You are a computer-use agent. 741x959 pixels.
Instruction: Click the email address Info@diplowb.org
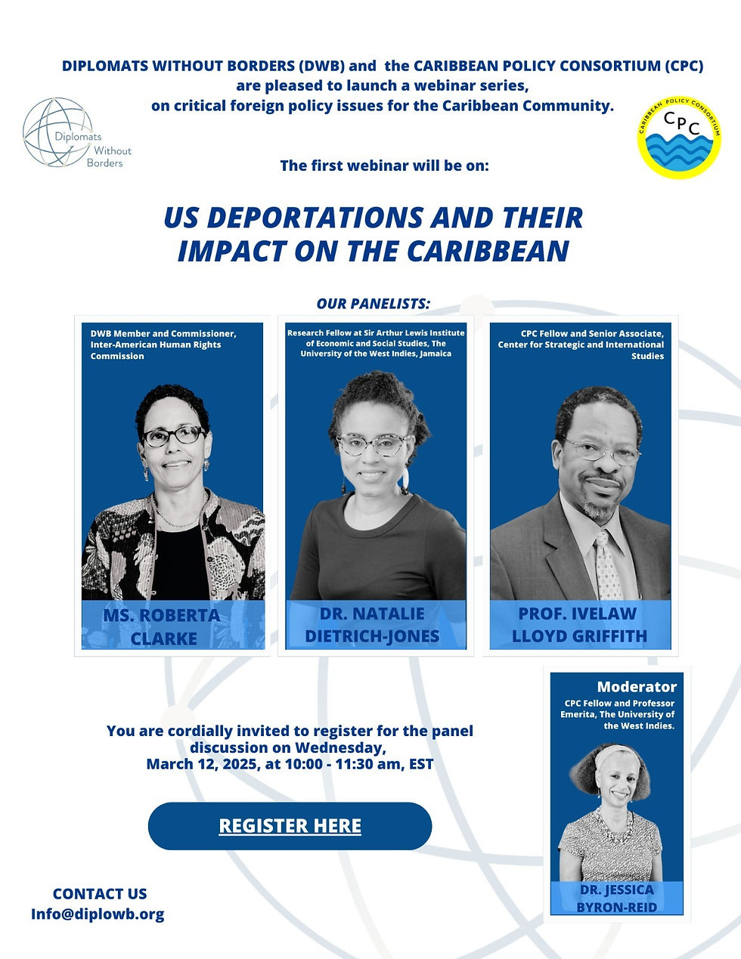[x=98, y=914]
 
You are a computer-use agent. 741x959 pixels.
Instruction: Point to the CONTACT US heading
[x=100, y=893]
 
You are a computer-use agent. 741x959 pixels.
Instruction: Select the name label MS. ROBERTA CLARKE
[x=163, y=626]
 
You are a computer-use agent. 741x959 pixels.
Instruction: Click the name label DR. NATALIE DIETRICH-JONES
[x=372, y=625]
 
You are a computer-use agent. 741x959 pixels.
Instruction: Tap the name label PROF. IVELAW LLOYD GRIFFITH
[x=579, y=624]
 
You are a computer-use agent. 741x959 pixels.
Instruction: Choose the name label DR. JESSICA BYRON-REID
[x=617, y=899]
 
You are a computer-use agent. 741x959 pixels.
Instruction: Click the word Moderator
[x=637, y=686]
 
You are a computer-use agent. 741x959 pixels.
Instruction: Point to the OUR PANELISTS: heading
[x=373, y=304]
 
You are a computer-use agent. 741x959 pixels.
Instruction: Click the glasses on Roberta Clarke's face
[x=174, y=435]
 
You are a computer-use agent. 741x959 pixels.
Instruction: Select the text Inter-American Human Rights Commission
[x=156, y=350]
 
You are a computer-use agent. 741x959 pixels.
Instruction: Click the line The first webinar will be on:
[x=384, y=165]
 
